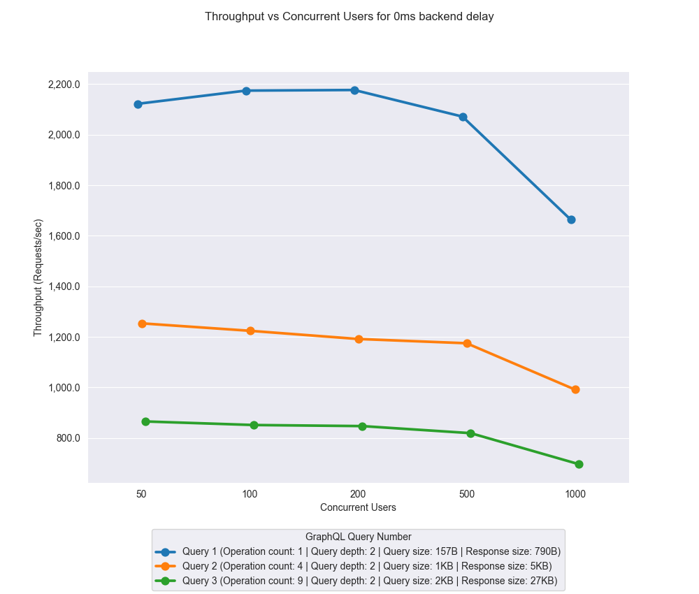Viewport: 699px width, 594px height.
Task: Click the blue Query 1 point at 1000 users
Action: (x=571, y=219)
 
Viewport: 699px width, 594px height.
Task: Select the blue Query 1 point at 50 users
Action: (x=138, y=104)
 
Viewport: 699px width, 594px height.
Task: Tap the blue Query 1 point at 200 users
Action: (x=354, y=90)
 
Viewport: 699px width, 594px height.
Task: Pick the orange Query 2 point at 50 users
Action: (x=142, y=324)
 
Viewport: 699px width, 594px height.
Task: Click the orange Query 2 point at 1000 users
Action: (x=575, y=389)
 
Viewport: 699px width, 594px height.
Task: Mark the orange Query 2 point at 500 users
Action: (x=467, y=343)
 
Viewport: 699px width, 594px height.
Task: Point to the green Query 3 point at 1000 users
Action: (x=579, y=464)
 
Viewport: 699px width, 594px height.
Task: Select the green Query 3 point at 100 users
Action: (x=254, y=425)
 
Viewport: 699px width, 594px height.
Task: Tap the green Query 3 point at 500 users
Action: (x=470, y=433)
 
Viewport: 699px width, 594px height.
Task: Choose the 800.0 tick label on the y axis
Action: (x=69, y=438)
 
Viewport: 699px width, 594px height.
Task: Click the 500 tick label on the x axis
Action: (x=467, y=494)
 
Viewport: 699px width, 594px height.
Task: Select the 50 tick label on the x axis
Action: (x=141, y=494)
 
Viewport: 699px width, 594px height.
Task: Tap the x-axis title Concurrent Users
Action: (x=358, y=507)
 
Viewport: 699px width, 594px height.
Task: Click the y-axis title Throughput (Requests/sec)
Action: (x=38, y=277)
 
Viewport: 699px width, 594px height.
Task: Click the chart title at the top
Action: (x=349, y=17)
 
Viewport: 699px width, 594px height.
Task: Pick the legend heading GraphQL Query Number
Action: (x=358, y=537)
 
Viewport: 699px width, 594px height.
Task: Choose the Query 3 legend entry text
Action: (x=370, y=581)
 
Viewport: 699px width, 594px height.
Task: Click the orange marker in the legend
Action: (x=165, y=566)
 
